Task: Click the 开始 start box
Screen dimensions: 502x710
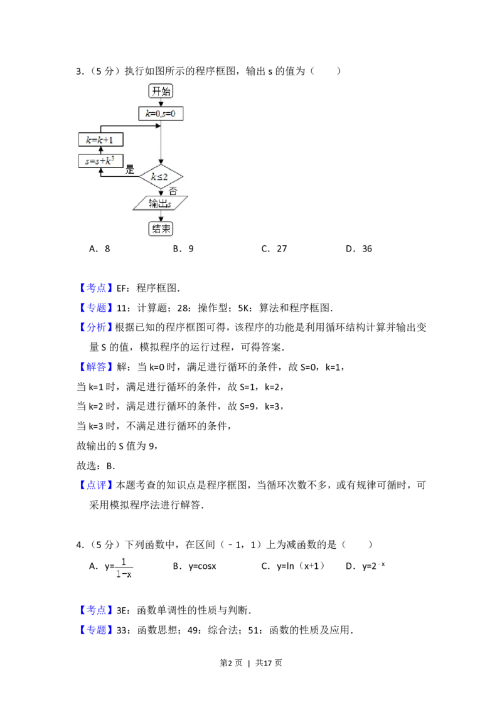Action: tap(161, 91)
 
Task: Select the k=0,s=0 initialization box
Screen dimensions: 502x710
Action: tap(161, 114)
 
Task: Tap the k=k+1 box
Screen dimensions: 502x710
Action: tap(100, 139)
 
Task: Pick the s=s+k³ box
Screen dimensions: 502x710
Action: tap(100, 161)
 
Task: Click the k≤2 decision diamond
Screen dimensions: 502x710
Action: tap(161, 176)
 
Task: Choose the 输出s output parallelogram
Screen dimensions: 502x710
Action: tap(161, 203)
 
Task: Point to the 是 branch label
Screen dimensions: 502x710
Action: tap(131, 169)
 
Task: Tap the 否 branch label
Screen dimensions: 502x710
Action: tap(173, 191)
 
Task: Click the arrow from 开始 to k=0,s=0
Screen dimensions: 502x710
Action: tap(161, 102)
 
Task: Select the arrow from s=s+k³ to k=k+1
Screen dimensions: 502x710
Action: tap(100, 151)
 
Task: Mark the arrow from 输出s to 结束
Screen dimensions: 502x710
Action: tap(161, 215)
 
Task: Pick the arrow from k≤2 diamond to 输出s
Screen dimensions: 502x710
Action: tap(161, 192)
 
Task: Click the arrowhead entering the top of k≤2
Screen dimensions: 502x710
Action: tap(161, 162)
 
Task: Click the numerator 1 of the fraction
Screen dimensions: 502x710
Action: tap(124, 561)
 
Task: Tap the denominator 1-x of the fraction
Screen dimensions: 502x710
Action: tap(124, 573)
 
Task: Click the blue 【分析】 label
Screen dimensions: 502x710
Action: tap(97, 327)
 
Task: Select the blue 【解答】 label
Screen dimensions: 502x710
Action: tap(97, 366)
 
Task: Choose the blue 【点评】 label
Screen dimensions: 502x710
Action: tap(97, 485)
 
